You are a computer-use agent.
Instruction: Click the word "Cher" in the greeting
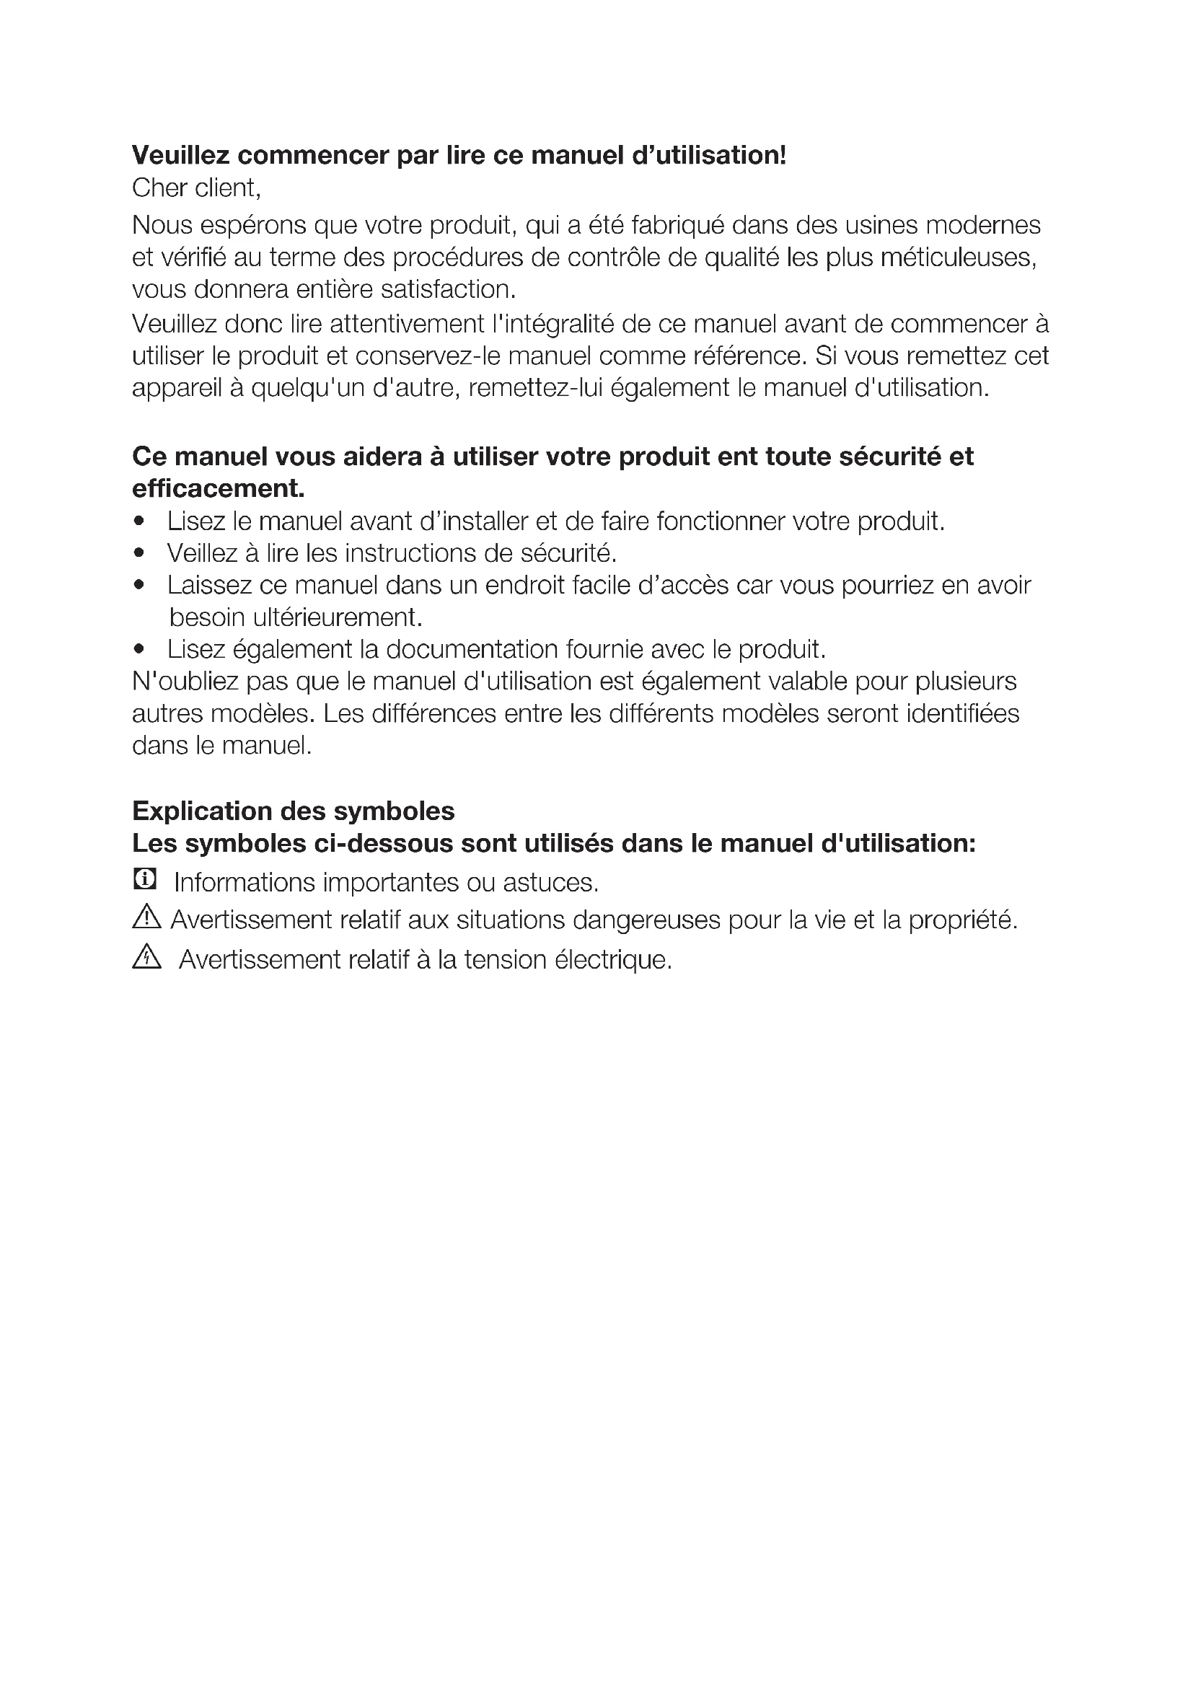pos(157,188)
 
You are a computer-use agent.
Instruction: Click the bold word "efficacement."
pos(218,488)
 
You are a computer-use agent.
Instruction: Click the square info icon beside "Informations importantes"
pos(145,878)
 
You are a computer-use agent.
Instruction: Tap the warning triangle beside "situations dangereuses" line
pos(147,917)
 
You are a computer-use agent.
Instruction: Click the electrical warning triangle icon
pos(147,957)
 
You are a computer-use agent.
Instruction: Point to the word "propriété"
pos(962,920)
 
